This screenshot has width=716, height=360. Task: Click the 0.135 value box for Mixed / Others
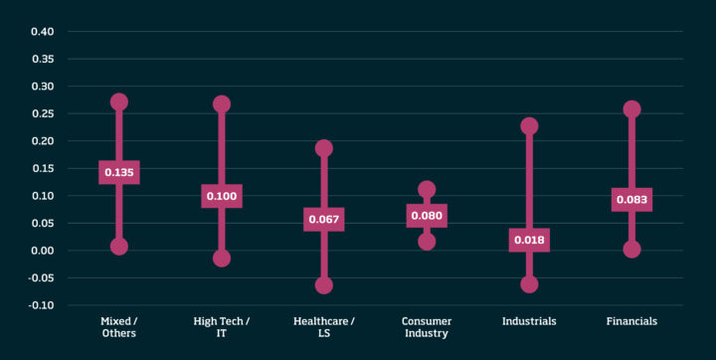tap(119, 172)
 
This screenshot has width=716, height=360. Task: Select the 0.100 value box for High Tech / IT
tap(222, 196)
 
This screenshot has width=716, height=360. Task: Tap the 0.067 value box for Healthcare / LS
tap(324, 220)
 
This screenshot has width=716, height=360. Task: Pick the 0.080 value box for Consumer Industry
tap(427, 215)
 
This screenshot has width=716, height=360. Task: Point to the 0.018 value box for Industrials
tap(529, 240)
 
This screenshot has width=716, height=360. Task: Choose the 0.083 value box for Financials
tap(631, 200)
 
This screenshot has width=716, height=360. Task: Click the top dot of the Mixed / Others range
tap(119, 101)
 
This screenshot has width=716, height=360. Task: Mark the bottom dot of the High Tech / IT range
tap(222, 259)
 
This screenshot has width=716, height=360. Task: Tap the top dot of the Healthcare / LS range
tap(324, 148)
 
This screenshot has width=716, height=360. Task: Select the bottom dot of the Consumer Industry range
tap(427, 242)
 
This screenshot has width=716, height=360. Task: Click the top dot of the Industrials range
tap(529, 126)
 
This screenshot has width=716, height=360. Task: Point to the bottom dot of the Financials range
tap(631, 250)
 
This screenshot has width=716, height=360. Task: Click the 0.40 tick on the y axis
tap(41, 32)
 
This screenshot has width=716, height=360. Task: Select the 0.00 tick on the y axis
tap(41, 251)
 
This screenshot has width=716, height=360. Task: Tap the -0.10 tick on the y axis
tap(40, 305)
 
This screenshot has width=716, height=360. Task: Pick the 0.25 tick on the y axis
tap(41, 113)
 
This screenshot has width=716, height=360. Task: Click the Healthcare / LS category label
tap(324, 327)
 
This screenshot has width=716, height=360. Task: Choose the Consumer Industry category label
tap(427, 327)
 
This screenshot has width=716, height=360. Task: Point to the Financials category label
tap(631, 321)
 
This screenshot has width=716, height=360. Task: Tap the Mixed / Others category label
tap(119, 327)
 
